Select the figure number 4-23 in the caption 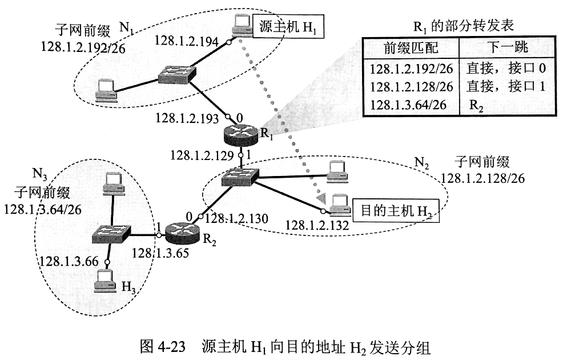(170, 346)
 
